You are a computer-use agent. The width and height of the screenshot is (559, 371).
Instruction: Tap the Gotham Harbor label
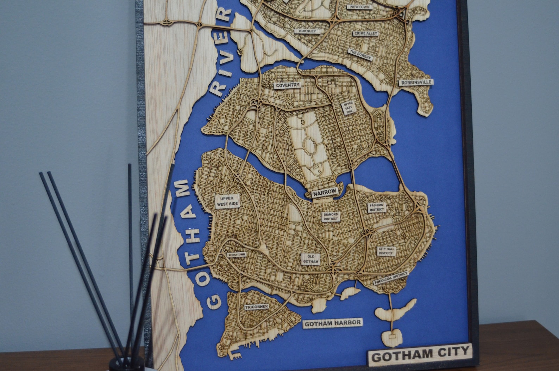(x=332, y=323)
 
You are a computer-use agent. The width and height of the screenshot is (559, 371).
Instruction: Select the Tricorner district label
(x=257, y=307)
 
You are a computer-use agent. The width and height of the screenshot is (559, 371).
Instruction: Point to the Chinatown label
(x=237, y=255)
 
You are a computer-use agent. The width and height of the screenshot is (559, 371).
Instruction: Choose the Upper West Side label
(x=227, y=201)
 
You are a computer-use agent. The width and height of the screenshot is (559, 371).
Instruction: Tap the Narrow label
(x=325, y=192)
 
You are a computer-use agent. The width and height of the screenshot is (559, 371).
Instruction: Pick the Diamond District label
(x=331, y=217)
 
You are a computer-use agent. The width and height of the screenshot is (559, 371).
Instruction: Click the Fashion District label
(x=376, y=207)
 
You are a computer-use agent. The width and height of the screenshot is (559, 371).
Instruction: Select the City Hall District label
(x=386, y=251)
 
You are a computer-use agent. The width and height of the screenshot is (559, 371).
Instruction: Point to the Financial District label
(x=391, y=278)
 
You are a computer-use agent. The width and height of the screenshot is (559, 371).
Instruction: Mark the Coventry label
(x=288, y=85)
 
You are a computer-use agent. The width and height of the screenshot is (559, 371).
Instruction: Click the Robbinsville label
(x=415, y=83)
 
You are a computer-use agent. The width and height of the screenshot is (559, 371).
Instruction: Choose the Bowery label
(x=359, y=54)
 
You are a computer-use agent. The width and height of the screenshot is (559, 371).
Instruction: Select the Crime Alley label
(x=366, y=34)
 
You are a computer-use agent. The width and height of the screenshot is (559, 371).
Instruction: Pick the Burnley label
(x=307, y=31)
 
